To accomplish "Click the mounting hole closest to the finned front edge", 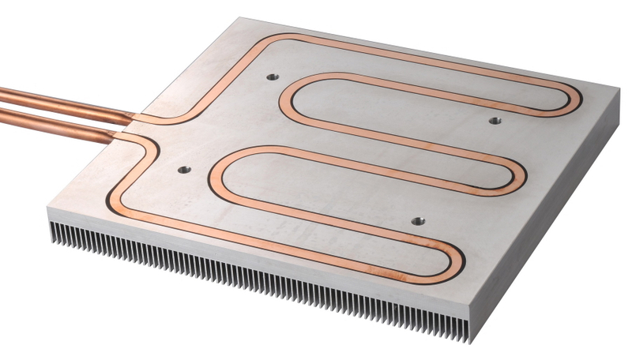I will point(416,221).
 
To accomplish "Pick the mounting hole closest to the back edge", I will point(273,77).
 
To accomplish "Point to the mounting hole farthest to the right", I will point(494,121).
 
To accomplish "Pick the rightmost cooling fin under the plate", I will point(471,332).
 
